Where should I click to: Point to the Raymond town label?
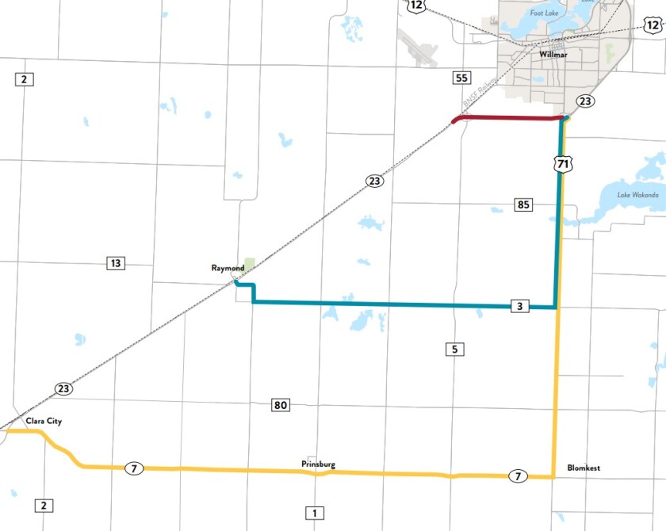coord(228,269)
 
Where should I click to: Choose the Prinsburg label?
coord(317,464)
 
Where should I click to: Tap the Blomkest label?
coord(584,468)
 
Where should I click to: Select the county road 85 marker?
coord(523,204)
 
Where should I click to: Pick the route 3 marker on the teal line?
coord(519,306)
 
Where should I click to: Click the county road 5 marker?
coord(454,349)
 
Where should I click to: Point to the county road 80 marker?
coord(280,406)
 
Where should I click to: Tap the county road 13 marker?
coord(116,263)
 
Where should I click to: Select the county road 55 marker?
coord(462,78)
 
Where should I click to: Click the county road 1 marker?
coord(314,513)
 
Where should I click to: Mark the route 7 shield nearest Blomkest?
coord(517,476)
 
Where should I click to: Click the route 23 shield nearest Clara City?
coord(63,388)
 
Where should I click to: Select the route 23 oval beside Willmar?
coord(584,101)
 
